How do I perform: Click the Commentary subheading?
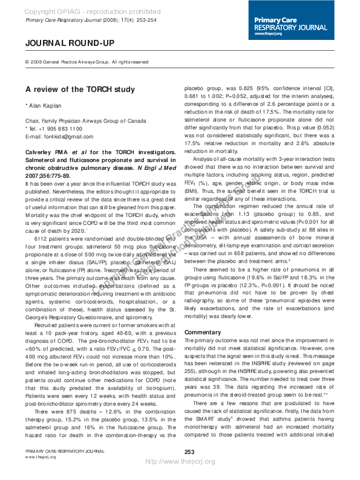point(203,332)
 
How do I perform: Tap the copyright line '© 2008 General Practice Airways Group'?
point(87,62)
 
